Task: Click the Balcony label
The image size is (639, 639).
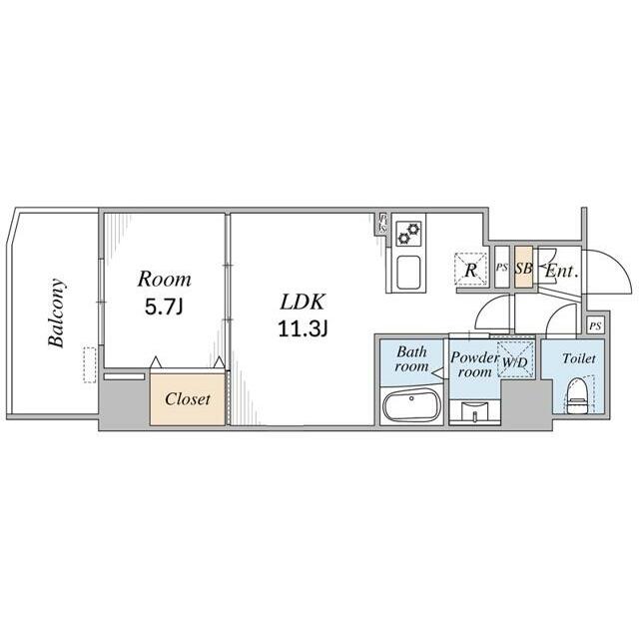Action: click(x=56, y=313)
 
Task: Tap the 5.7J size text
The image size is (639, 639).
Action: click(x=164, y=307)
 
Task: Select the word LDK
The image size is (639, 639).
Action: click(x=303, y=303)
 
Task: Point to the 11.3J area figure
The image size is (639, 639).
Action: click(x=303, y=328)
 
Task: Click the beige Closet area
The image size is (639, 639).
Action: click(x=188, y=399)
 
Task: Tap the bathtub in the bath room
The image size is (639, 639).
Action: click(x=411, y=404)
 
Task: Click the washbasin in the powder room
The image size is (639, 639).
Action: click(x=475, y=409)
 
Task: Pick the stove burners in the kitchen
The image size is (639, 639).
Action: click(x=408, y=233)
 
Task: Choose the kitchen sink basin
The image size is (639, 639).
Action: click(x=408, y=272)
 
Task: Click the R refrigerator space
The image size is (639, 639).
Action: click(x=470, y=269)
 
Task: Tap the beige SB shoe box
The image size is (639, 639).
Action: click(x=523, y=267)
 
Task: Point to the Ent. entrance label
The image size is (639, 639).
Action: click(x=562, y=271)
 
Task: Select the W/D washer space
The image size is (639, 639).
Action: click(x=515, y=359)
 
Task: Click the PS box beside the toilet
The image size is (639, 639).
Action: click(x=595, y=325)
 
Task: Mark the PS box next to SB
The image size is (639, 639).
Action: click(x=502, y=268)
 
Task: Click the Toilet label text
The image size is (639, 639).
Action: click(x=579, y=358)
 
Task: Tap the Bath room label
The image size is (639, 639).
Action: click(x=411, y=358)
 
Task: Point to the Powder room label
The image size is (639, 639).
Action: click(x=475, y=364)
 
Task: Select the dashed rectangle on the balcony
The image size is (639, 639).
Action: click(x=90, y=364)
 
